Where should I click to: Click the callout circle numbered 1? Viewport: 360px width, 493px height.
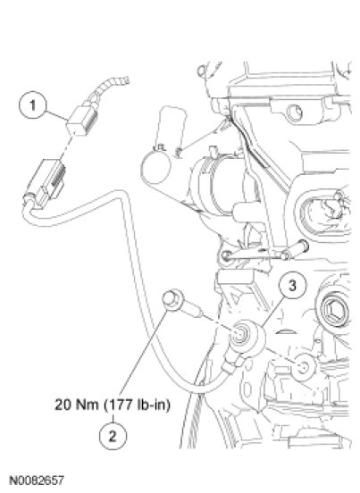pos(33,104)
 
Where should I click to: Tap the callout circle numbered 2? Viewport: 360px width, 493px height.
pos(113,436)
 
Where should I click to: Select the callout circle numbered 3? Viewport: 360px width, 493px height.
pos(292,286)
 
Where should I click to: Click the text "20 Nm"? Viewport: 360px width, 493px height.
pos(77,405)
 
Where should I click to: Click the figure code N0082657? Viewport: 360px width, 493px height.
pos(37,480)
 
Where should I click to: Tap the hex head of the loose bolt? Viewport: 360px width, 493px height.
pos(172,299)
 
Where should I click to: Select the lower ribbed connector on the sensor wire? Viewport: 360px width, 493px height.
pos(47,182)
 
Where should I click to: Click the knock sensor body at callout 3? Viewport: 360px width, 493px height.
pos(247,337)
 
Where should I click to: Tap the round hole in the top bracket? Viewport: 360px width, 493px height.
pos(295,113)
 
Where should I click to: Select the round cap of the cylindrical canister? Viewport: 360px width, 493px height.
pos(156,166)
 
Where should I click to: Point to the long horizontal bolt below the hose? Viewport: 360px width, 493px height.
pos(264,254)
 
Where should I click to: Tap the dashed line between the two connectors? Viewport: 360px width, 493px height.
pos(67,147)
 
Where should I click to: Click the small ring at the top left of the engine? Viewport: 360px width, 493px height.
pos(202,71)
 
